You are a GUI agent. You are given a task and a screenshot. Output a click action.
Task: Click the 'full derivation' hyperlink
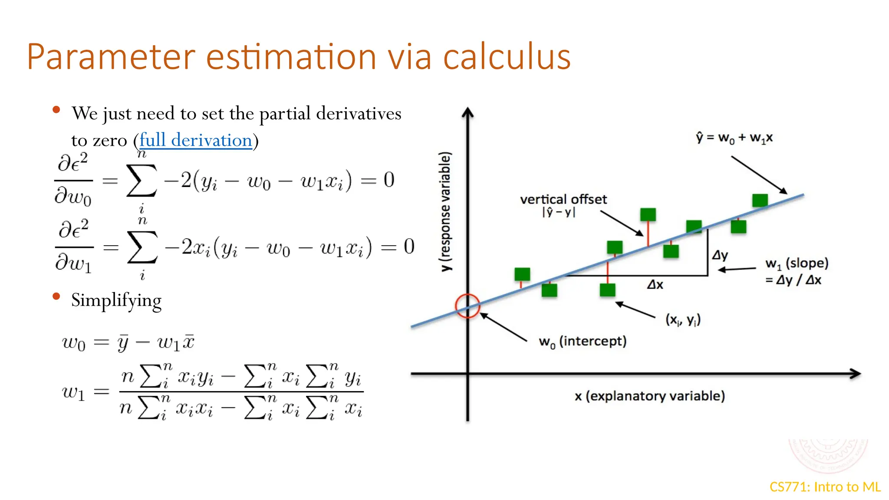(195, 140)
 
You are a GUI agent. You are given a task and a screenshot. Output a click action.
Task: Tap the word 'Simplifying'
(116, 300)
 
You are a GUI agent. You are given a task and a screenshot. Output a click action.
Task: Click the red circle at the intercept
(468, 306)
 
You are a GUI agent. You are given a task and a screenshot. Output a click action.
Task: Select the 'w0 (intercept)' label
(583, 342)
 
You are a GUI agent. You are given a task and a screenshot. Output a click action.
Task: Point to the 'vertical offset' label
(563, 200)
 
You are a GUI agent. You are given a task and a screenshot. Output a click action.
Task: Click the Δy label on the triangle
(720, 255)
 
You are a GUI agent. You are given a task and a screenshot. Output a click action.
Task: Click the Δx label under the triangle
(655, 285)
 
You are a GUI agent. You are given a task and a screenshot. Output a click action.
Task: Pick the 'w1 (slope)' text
(797, 263)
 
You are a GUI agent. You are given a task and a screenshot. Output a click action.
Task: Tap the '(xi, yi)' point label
(683, 320)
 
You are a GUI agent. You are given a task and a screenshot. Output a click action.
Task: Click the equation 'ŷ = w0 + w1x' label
(734, 138)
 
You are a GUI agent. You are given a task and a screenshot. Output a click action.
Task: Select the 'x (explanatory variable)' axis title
(649, 396)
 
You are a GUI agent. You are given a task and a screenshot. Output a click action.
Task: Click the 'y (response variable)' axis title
(445, 212)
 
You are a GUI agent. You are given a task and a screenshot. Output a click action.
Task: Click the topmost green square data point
(760, 200)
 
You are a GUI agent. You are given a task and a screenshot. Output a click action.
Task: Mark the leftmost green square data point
(522, 274)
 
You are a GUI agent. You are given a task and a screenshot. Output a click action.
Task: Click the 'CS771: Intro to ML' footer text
(825, 487)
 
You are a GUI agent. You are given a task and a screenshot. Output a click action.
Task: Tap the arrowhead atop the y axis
(468, 113)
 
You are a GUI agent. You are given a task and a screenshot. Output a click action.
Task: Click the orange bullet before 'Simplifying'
(56, 296)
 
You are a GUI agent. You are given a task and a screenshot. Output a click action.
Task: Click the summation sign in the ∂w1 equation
(142, 247)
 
